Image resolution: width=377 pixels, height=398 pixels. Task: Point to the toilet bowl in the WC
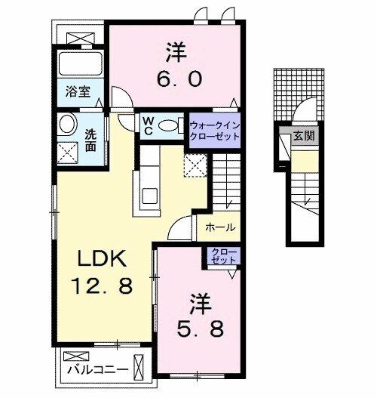[x=170, y=125]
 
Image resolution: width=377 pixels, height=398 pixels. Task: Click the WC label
[x=149, y=124]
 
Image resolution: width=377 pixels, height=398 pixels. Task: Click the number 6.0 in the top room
[x=176, y=78]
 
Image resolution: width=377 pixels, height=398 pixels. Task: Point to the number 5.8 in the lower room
[x=201, y=329]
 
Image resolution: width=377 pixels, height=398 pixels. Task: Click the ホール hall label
[x=219, y=227]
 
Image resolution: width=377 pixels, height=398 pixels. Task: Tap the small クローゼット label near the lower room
[x=223, y=256]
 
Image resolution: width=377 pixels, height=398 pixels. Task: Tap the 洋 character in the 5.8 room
[x=200, y=304]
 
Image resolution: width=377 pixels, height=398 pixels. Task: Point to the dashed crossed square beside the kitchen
[x=195, y=165]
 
